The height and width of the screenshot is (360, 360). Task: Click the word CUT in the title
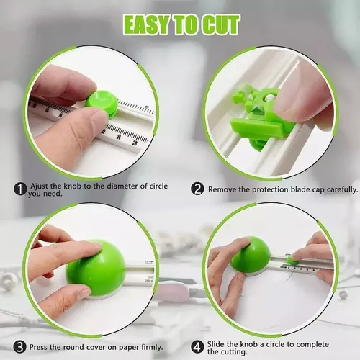tap(220, 24)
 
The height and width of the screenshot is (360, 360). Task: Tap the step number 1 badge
tap(20, 189)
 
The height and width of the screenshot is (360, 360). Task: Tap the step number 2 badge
tap(197, 189)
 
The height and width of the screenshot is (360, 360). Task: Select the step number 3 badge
tap(19, 347)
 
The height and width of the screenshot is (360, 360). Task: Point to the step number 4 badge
tap(197, 347)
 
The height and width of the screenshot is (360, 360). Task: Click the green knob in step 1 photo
tap(102, 104)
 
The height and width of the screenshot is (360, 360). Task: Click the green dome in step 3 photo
tap(96, 268)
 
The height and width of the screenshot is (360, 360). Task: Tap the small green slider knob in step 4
tap(293, 260)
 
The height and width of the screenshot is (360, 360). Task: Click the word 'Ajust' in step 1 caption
tap(40, 186)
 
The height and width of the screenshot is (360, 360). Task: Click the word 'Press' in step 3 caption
tap(38, 347)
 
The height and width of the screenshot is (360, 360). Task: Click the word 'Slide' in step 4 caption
tap(216, 344)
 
